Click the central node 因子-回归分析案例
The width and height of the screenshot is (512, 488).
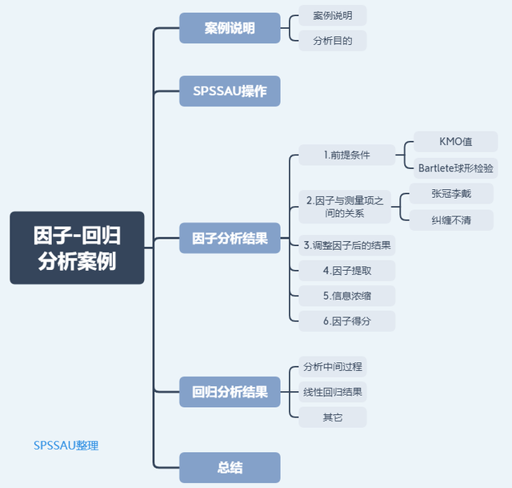pos(77,248)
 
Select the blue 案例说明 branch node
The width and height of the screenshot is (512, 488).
pos(230,28)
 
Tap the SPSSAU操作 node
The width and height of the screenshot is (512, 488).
pos(230,91)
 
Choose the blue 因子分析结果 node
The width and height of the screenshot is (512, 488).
pos(230,238)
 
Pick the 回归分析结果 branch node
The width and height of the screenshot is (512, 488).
pos(230,393)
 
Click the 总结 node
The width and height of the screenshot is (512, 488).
pos(230,468)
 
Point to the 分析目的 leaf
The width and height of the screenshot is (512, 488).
pos(333,40)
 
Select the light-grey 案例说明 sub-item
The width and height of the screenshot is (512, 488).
pos(333,15)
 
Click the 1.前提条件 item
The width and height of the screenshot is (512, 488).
pos(346,155)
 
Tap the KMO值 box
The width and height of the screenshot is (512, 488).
pos(455,142)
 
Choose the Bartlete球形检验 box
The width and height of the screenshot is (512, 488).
pos(455,167)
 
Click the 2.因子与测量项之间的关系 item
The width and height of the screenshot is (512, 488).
pos(345,206)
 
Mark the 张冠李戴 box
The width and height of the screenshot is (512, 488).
pos(451,193)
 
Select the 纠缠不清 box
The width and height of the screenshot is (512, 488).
pos(451,220)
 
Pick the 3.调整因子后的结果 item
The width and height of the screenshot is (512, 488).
pos(346,244)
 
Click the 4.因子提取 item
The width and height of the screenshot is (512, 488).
pos(346,270)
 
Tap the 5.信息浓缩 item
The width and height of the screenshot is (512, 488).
pos(346,296)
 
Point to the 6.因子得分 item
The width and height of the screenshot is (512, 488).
pos(346,321)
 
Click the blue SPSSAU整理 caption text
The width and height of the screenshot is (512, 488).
pos(66,445)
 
